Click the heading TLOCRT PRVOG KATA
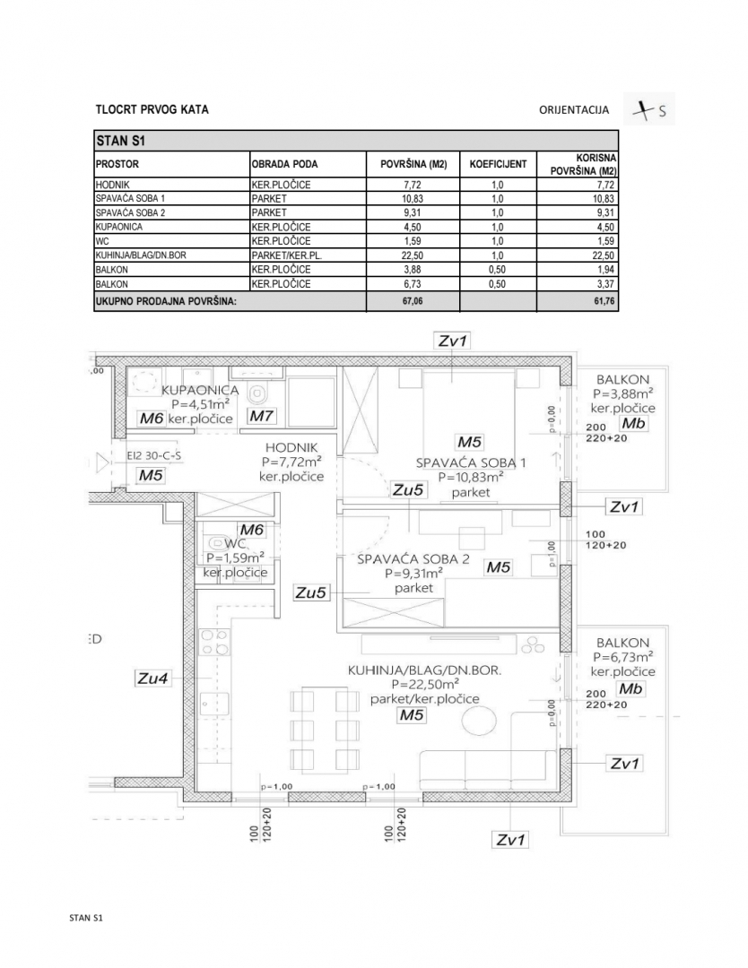[x=152, y=110]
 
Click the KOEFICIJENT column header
[x=498, y=165]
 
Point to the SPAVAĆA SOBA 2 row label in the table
[x=131, y=213]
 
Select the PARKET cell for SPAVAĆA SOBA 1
[x=269, y=198]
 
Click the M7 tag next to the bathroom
[x=263, y=417]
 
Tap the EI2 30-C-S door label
[x=154, y=455]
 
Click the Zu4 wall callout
[x=152, y=679]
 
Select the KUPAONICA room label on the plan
[x=200, y=391]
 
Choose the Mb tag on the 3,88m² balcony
[x=633, y=424]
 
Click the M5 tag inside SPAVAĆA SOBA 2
[x=497, y=566]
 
